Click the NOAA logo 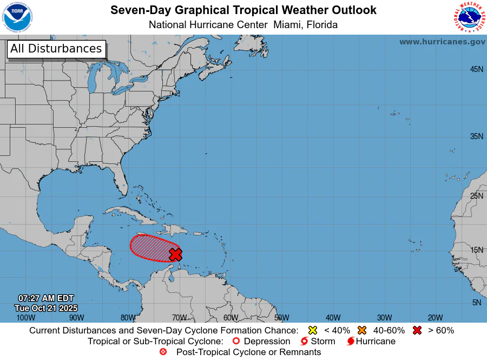(17, 17)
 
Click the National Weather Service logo (468, 17)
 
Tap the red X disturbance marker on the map (175, 254)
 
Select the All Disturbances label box (56, 49)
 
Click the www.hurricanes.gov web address (442, 42)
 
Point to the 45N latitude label (476, 69)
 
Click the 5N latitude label (476, 303)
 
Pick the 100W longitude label (25, 318)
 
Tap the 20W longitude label (435, 318)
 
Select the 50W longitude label (281, 318)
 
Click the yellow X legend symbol (312, 330)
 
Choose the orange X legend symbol (362, 330)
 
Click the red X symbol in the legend (417, 330)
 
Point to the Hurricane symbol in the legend (351, 342)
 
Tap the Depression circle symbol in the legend (235, 342)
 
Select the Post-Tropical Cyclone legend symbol (163, 352)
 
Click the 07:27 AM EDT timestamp (46, 298)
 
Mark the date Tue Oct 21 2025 (46, 307)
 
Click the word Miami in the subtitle (288, 25)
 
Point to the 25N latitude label (476, 195)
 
